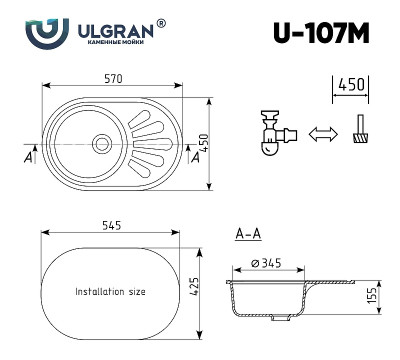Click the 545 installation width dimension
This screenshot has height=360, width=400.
click(x=111, y=225)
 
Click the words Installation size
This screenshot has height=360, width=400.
click(x=111, y=292)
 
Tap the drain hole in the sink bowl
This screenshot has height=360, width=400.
click(x=102, y=143)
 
